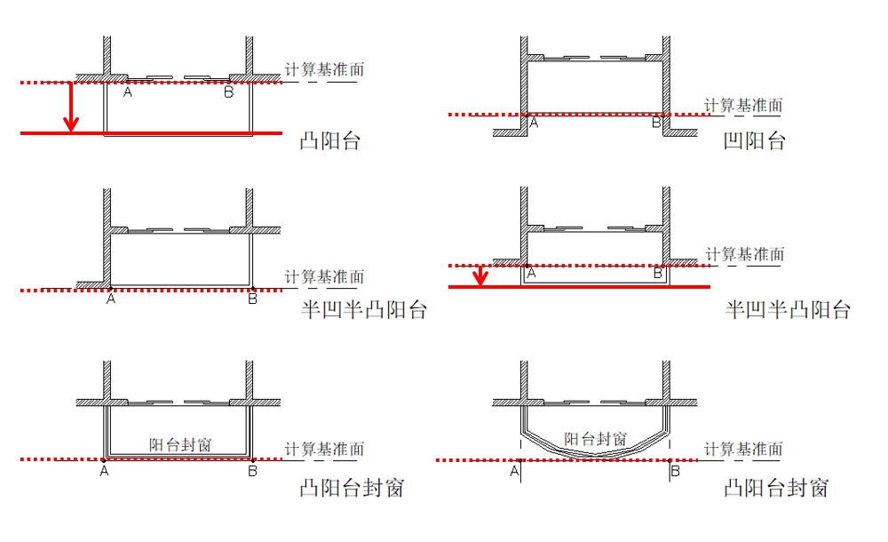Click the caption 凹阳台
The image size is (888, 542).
pos(753,139)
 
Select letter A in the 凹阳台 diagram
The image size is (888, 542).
pos(534,124)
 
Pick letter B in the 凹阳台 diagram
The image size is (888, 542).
pos(656,124)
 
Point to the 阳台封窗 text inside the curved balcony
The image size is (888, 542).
pos(596,439)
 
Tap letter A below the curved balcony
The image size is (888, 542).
pos(515,471)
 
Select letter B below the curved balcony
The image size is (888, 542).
pos(675,471)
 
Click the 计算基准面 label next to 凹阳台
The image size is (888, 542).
pos(743,105)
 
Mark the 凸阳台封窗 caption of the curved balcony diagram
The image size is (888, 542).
pos(776,488)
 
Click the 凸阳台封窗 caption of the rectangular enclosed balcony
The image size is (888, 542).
pos(353,488)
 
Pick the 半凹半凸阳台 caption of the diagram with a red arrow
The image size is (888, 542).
pos(788,309)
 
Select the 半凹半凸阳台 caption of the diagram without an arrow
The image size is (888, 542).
pos(363,309)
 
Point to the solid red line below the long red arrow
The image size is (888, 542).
pos(151,133)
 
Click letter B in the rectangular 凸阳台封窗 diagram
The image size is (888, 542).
pos(253,472)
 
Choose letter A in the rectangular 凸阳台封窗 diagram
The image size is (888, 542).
pos(105,472)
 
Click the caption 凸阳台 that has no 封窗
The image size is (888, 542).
pos(329,139)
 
